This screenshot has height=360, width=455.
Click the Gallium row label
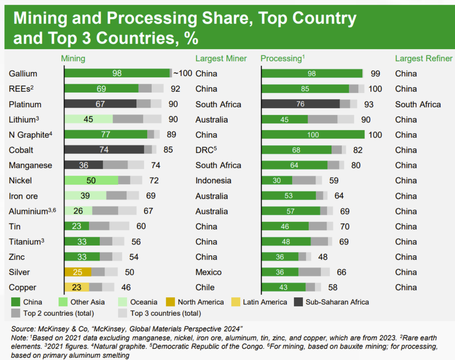coord(23,74)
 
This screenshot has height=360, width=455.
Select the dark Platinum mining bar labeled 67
coord(100,104)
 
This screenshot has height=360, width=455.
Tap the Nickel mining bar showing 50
coord(91,180)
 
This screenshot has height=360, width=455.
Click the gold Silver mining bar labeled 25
coord(78,272)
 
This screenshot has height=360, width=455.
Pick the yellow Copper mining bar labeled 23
coord(77,287)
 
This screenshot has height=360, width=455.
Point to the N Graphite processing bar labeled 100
coord(313,135)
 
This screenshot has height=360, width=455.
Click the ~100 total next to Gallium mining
coord(183,73)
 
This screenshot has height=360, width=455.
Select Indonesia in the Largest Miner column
coord(213,181)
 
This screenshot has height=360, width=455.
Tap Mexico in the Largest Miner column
coord(208,272)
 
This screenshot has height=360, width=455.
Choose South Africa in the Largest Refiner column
coord(418,104)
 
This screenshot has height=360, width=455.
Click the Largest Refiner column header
coord(423,59)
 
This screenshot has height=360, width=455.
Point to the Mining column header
coord(73,59)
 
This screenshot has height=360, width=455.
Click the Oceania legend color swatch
coord(122,302)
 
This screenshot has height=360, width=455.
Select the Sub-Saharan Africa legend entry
coord(337,302)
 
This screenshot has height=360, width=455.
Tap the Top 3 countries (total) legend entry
coord(165,313)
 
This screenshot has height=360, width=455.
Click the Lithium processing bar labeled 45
coord(285,120)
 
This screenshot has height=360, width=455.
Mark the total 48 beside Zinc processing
coord(323,257)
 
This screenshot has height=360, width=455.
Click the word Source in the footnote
coord(23,329)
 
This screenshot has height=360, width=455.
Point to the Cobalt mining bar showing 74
coord(104,150)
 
